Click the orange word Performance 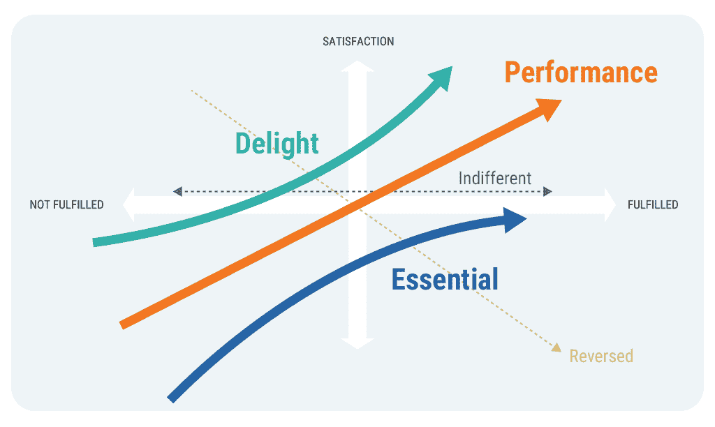[581, 73]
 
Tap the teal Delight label [277, 143]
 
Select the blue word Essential [445, 279]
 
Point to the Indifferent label [495, 178]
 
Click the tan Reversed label [601, 356]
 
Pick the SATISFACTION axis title [358, 42]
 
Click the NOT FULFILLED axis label [66, 205]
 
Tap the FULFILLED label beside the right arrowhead [653, 205]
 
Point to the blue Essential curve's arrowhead [515, 220]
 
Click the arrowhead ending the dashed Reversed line [556, 347]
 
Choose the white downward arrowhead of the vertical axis [357, 341]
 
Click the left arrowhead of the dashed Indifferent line [177, 190]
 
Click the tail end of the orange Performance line [124, 324]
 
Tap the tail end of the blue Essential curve [171, 398]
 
